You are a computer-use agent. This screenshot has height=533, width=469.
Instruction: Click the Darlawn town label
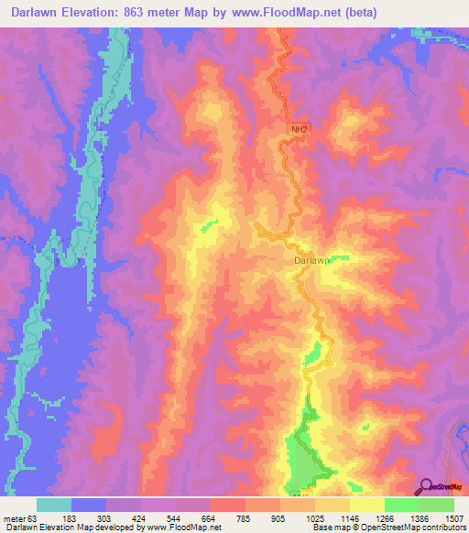pos(311,260)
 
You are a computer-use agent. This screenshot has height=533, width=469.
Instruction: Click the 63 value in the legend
pos(35,518)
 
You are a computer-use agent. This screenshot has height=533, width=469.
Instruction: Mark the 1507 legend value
pos(453,518)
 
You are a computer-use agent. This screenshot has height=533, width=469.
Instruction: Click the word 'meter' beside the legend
pos(15,518)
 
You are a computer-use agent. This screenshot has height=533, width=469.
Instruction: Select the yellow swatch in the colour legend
pos(367,505)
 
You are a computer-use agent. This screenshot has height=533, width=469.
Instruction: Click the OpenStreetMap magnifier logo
pos(426,486)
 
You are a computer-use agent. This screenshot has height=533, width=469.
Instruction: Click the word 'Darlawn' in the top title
pos(31,11)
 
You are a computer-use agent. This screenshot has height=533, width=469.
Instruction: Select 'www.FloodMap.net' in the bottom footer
pos(183,528)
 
